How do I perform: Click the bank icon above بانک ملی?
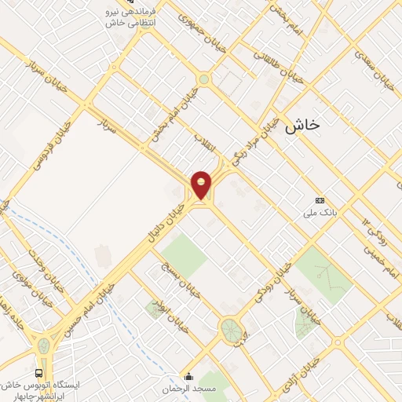pos(319,200)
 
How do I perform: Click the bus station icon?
pos(39,373)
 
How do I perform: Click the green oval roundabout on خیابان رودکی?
pos(230,328)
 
